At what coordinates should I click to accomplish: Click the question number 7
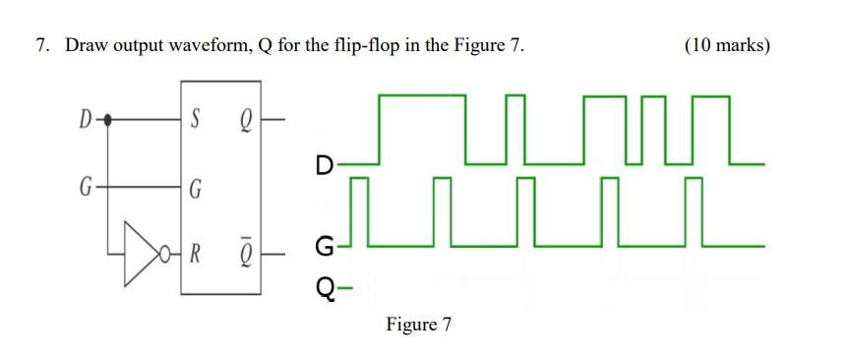pos(41,46)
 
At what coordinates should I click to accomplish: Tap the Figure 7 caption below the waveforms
pos(418,324)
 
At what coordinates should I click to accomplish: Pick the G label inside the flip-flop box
pos(195,187)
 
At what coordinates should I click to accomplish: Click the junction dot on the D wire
pos(108,121)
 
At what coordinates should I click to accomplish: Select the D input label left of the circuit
pos(88,121)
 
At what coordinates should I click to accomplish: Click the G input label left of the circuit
pos(88,185)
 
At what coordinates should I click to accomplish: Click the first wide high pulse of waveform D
pos(422,96)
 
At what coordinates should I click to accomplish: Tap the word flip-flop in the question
pos(373,46)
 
